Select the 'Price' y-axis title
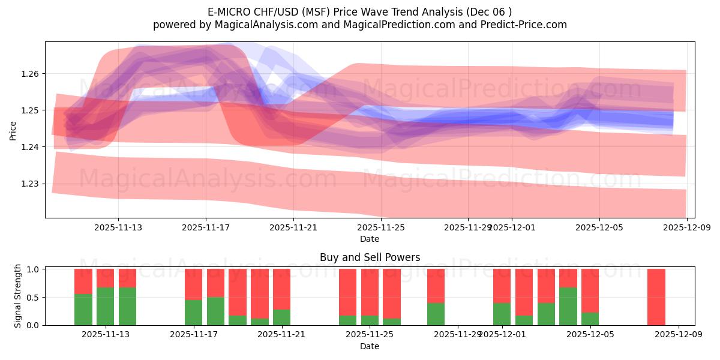pos(13,130)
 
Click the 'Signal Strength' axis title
pos(18,296)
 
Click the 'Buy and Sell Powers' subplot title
pos(370,257)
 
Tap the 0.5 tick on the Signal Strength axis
pos(33,297)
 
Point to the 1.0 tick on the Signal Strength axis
pos(33,269)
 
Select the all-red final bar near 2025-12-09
pos(656,297)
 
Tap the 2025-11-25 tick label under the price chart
pos(380,227)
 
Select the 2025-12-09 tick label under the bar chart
pos(679,335)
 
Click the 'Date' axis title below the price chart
pos(370,239)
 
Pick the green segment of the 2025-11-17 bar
pos(193,313)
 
